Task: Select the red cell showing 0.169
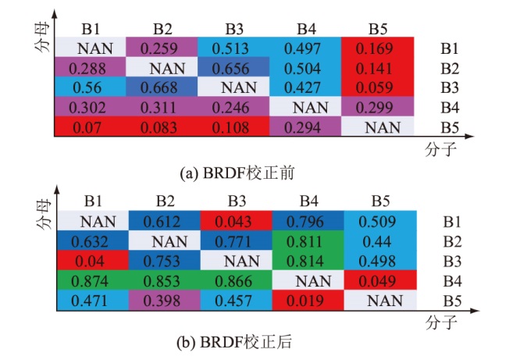(378, 48)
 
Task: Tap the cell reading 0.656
(234, 67)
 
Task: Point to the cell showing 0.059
(378, 87)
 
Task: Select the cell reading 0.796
(306, 223)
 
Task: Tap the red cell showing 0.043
(234, 223)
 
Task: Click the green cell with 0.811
(306, 242)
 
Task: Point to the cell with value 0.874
(91, 280)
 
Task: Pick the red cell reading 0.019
(306, 299)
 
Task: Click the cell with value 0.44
(378, 242)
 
